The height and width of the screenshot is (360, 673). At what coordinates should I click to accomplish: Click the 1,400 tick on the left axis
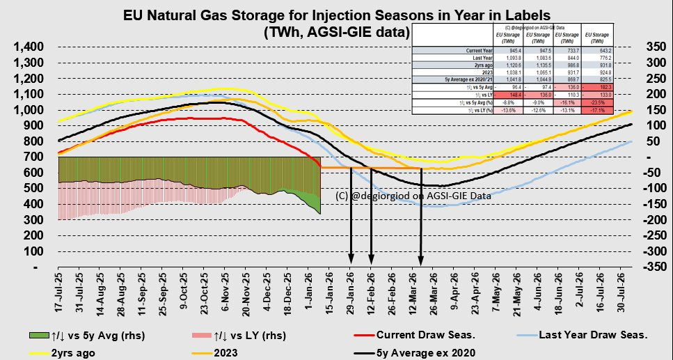pyautogui.click(x=29, y=47)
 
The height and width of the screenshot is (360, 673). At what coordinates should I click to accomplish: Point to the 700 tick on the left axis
pyautogui.click(x=35, y=157)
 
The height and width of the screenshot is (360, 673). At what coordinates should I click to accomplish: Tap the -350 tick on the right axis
pyautogui.click(x=655, y=267)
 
